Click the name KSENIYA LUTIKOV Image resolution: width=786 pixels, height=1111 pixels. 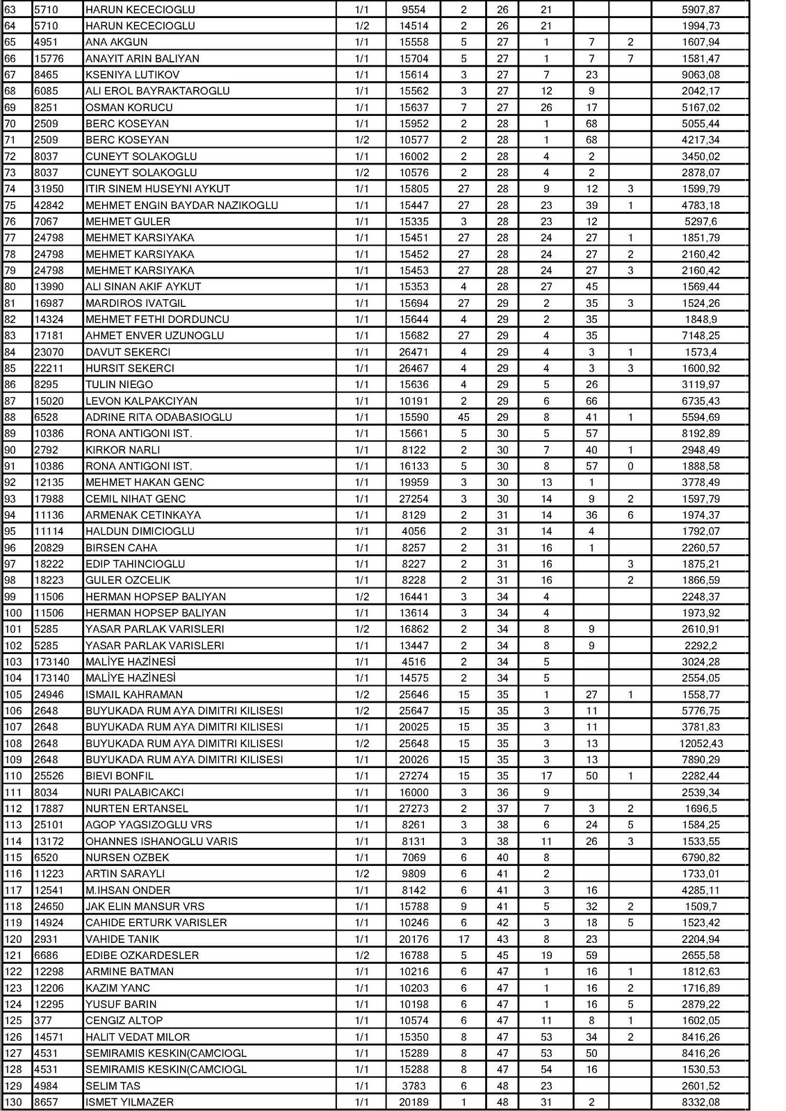[x=132, y=75]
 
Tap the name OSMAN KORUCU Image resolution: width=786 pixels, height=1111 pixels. [x=129, y=108]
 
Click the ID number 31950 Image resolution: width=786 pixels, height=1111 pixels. [x=49, y=189]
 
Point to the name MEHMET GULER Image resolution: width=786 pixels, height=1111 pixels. [x=128, y=222]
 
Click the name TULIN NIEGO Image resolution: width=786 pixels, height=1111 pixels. [x=119, y=385]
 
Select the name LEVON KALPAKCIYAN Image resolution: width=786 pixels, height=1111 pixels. [x=141, y=401]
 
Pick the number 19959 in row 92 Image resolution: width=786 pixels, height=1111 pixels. [x=414, y=483]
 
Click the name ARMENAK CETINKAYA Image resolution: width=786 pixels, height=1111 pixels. [x=143, y=515]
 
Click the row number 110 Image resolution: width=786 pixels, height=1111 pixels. [x=13, y=776]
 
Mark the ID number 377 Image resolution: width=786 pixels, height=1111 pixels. [x=43, y=1021]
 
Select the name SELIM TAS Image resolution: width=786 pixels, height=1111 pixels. [x=113, y=1086]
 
